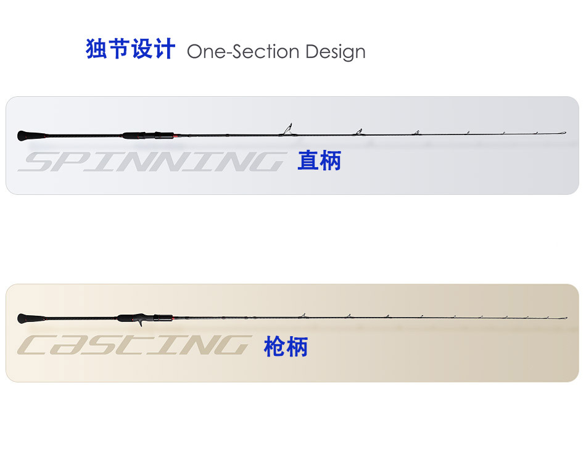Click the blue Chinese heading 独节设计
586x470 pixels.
[x=131, y=49]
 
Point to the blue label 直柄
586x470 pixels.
[x=319, y=161]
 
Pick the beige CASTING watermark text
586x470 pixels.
[x=135, y=346]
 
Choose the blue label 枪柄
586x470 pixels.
[x=286, y=347]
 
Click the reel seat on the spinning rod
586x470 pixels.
[x=148, y=135]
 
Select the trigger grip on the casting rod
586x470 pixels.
[x=142, y=322]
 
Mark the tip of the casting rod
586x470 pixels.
[x=565, y=318]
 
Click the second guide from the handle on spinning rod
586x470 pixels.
[x=357, y=131]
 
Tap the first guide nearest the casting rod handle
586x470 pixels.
[x=302, y=316]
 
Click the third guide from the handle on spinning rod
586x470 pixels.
[x=416, y=132]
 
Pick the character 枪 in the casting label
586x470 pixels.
[x=274, y=347]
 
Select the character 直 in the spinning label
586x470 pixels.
[x=308, y=161]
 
